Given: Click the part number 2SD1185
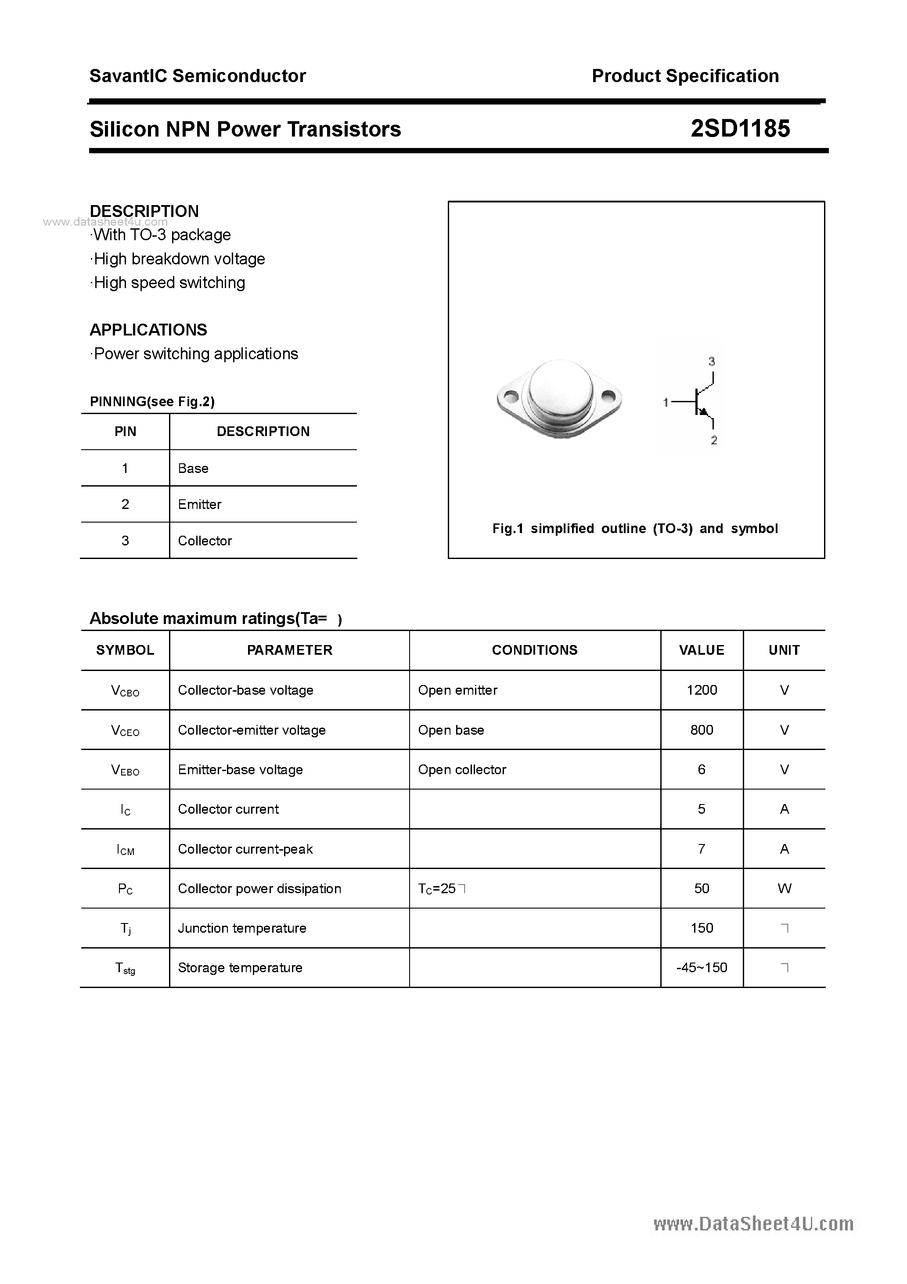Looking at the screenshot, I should (x=740, y=129).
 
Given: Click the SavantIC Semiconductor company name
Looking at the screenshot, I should (x=198, y=76).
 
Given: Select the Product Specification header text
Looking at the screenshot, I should (x=685, y=76).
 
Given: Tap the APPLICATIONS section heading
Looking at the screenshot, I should (x=148, y=330).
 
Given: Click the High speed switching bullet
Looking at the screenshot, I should (x=168, y=283).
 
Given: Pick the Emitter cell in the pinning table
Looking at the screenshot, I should (x=200, y=505).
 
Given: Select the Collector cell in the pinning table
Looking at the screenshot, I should (x=205, y=541).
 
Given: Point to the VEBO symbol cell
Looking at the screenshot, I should (x=125, y=770).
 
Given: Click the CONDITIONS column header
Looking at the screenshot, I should (x=535, y=650).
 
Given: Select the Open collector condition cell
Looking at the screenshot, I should (x=462, y=770).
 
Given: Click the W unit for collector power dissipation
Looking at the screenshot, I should (x=784, y=889).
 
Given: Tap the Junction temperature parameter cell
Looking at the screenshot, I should (x=242, y=928).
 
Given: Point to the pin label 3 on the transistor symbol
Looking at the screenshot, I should (x=711, y=362).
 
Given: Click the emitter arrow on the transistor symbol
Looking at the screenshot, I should (x=703, y=412).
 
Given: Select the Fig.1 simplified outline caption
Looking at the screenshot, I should (x=635, y=528).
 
